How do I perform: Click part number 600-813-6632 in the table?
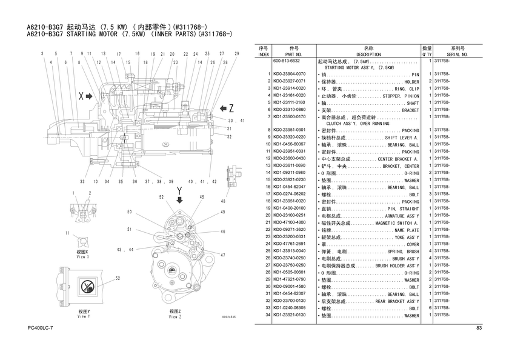tap(287, 61)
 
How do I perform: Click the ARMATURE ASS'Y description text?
tap(398, 216)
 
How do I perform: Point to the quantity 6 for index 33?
tap(429, 308)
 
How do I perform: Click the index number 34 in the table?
tap(267, 315)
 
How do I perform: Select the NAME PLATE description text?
tap(407, 230)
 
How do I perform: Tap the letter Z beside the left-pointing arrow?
tap(230, 108)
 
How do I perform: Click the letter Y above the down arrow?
tap(179, 190)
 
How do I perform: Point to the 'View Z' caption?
tap(175, 315)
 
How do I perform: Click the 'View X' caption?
tap(83, 255)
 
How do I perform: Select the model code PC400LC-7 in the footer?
tap(41, 328)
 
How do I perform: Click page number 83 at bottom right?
tap(479, 328)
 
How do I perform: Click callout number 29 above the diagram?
tap(236, 54)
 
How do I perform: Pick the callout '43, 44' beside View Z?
tap(125, 250)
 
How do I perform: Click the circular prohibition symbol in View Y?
tap(88, 285)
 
